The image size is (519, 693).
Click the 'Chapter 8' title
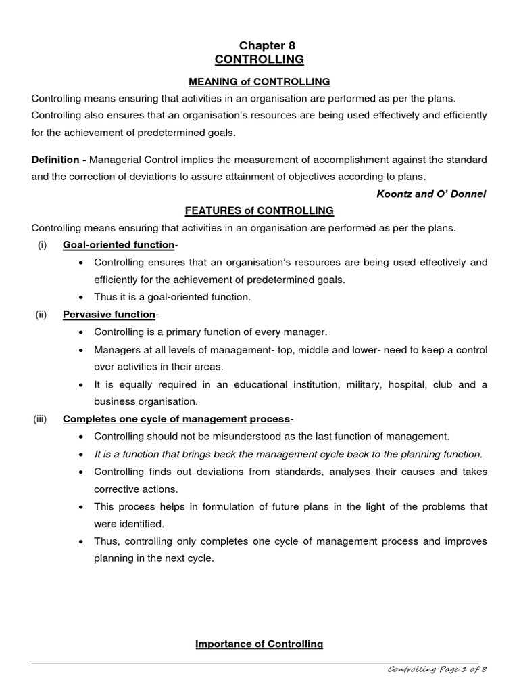pyautogui.click(x=259, y=45)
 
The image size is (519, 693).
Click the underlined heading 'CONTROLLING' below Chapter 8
pyautogui.click(x=259, y=60)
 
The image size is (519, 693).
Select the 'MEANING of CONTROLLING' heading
pyautogui.click(x=259, y=82)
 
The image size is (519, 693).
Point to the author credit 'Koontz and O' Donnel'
pyautogui.click(x=431, y=194)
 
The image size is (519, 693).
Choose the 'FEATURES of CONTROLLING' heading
pyautogui.click(x=259, y=210)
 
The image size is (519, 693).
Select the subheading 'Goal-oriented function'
pyautogui.click(x=118, y=245)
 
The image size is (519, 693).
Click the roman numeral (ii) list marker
pyautogui.click(x=41, y=315)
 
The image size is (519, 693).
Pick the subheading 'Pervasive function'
pyautogui.click(x=109, y=315)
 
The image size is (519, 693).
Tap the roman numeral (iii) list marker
pyautogui.click(x=40, y=419)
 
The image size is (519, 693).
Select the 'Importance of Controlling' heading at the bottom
pyautogui.click(x=259, y=644)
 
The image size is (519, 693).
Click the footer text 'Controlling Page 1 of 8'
pyautogui.click(x=437, y=669)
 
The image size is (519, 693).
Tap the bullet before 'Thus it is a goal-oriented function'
pyautogui.click(x=82, y=297)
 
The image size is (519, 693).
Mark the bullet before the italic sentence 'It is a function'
pyautogui.click(x=82, y=454)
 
